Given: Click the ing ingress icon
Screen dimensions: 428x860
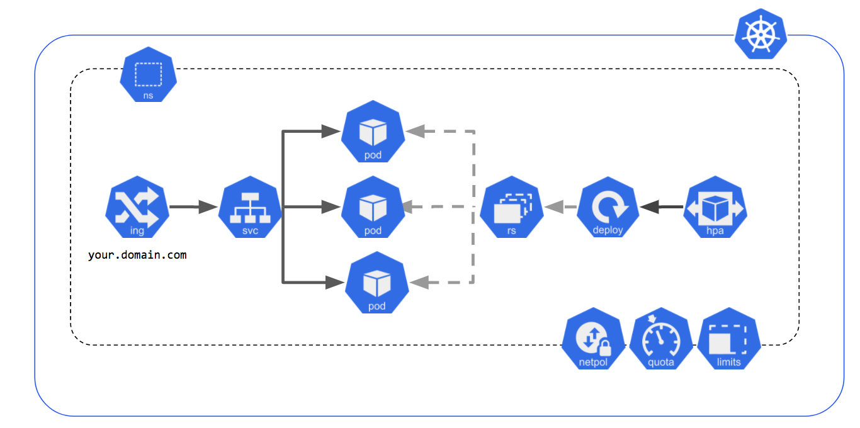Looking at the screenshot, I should pos(137,207).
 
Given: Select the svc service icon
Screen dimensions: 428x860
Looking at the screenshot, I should pos(250,207).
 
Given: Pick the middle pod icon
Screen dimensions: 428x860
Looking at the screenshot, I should pos(373,207).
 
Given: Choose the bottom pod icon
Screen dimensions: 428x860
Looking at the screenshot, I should pos(376,283).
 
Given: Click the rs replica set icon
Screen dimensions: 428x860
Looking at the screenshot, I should pos(511,207).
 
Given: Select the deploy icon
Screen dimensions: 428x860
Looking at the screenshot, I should pos(608,207).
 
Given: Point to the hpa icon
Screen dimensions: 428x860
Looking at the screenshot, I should pos(715,207).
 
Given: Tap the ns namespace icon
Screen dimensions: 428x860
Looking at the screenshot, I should pos(148,74).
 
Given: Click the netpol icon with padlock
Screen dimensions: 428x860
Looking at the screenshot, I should pos(593,340).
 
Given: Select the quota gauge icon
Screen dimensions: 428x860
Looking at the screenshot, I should pos(661,340).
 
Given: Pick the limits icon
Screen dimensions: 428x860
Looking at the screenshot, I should pos(729,340).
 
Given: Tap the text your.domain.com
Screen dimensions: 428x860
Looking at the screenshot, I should pos(137,256).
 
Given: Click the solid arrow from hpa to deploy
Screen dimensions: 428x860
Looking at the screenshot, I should pos(661,206).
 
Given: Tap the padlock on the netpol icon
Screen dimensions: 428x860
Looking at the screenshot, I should pos(604,347).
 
